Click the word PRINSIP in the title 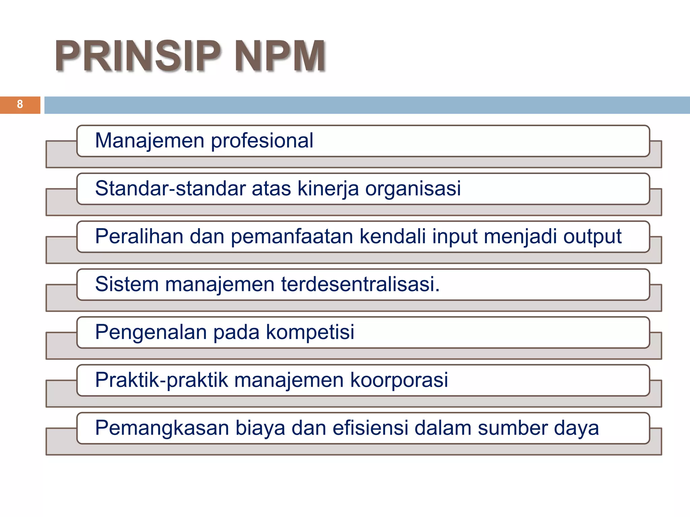(137, 56)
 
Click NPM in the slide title (280, 56)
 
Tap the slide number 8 (20, 104)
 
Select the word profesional (262, 141)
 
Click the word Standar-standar (170, 188)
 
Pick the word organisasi (413, 188)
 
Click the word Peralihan (139, 236)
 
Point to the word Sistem (127, 284)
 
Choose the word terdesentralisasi (360, 284)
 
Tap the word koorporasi (399, 380)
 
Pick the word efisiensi (370, 428)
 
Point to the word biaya (260, 428)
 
